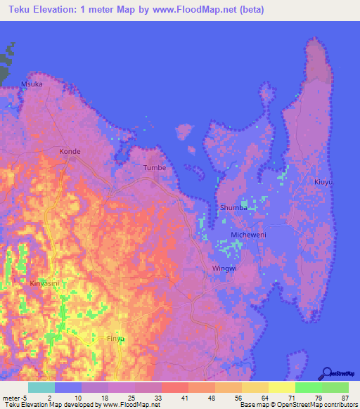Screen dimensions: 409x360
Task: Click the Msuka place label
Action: pos(32,84)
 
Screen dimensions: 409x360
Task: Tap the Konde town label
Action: pos(70,151)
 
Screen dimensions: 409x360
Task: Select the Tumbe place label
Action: pos(154,168)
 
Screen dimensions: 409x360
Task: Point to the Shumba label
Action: pos(233,208)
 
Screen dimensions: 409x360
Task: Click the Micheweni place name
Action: pos(248,235)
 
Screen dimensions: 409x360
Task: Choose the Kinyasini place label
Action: pos(44,283)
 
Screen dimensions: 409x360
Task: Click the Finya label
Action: pos(115,338)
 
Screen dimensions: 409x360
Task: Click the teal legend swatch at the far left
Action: pos(41,387)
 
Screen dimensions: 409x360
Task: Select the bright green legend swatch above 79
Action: pos(308,387)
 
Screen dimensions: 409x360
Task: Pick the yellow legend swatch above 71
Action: pos(281,387)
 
